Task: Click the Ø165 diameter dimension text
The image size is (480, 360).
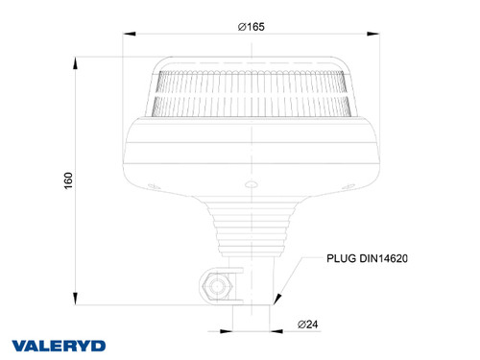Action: [251, 26]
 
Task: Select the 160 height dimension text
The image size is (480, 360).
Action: [67, 180]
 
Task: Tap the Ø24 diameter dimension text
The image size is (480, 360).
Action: [307, 325]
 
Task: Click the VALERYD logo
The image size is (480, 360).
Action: [60, 345]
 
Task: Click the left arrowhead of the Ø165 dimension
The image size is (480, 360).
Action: [126, 36]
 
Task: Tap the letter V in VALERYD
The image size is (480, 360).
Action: [19, 345]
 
